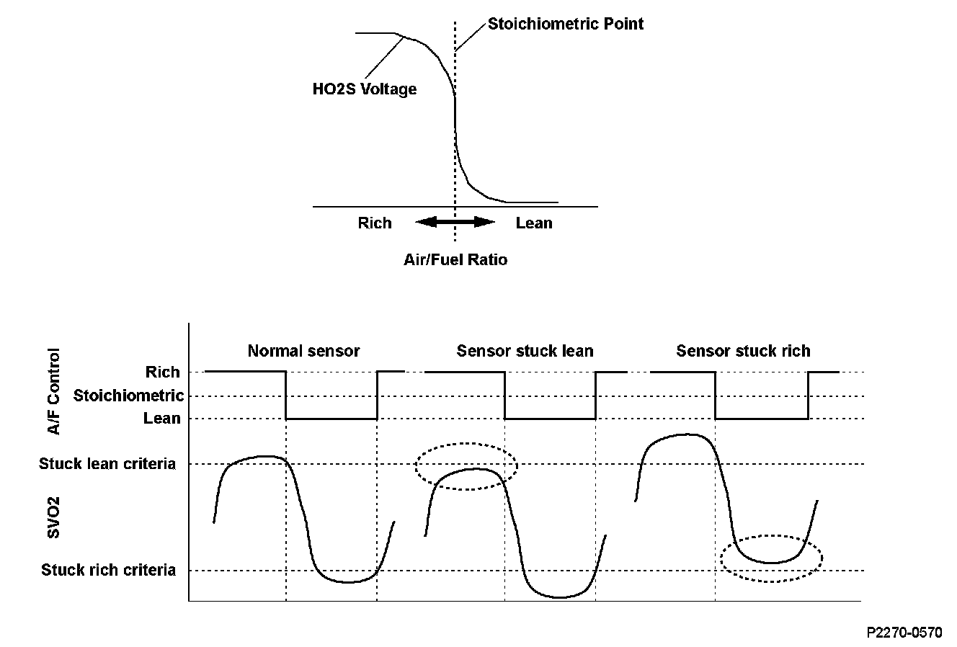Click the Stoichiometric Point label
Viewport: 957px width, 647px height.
[566, 24]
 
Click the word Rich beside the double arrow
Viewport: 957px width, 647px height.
[375, 223]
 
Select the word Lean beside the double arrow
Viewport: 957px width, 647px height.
[534, 223]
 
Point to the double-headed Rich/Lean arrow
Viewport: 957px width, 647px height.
[455, 223]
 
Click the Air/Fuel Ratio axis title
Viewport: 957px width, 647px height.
[455, 259]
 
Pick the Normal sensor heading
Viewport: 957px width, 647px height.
[303, 351]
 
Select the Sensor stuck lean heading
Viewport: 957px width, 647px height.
[525, 351]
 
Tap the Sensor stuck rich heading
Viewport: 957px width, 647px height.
[743, 351]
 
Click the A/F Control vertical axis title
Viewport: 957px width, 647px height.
[53, 392]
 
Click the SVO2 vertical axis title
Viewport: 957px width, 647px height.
[53, 517]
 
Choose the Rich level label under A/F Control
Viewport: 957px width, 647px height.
[163, 372]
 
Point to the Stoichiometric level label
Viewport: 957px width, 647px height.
[128, 396]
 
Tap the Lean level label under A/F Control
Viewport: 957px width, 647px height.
[162, 418]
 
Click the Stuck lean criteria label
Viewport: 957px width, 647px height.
[107, 463]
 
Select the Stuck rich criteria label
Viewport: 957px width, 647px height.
[108, 570]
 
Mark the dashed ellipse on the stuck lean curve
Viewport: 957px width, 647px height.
[467, 466]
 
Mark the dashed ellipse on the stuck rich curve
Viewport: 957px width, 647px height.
[771, 558]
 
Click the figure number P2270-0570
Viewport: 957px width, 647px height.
[904, 633]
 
